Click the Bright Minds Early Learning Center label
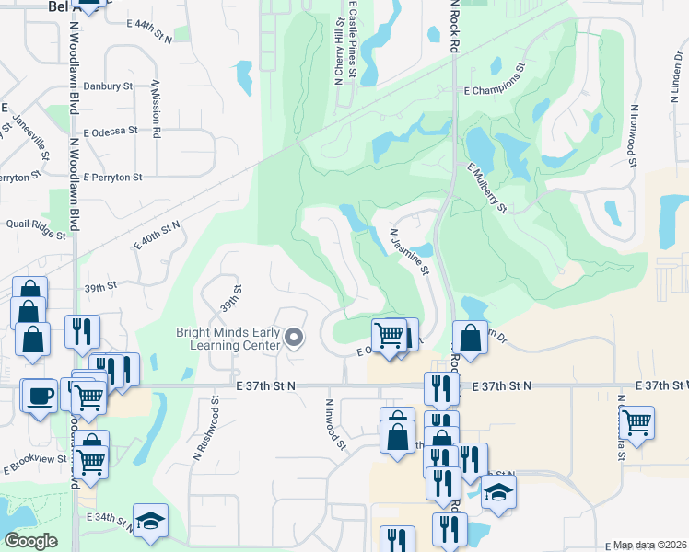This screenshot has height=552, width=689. [x=228, y=339]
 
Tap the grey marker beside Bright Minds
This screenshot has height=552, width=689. [x=295, y=339]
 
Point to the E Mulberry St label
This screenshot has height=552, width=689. [x=486, y=188]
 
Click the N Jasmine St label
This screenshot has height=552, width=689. [x=409, y=252]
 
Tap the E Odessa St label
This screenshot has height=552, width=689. [x=110, y=131]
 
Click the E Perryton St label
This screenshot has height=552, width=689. [x=111, y=176]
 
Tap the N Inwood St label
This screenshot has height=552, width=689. [x=333, y=423]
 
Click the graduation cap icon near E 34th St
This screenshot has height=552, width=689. [x=150, y=519]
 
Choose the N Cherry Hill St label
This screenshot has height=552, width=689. [x=337, y=51]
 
